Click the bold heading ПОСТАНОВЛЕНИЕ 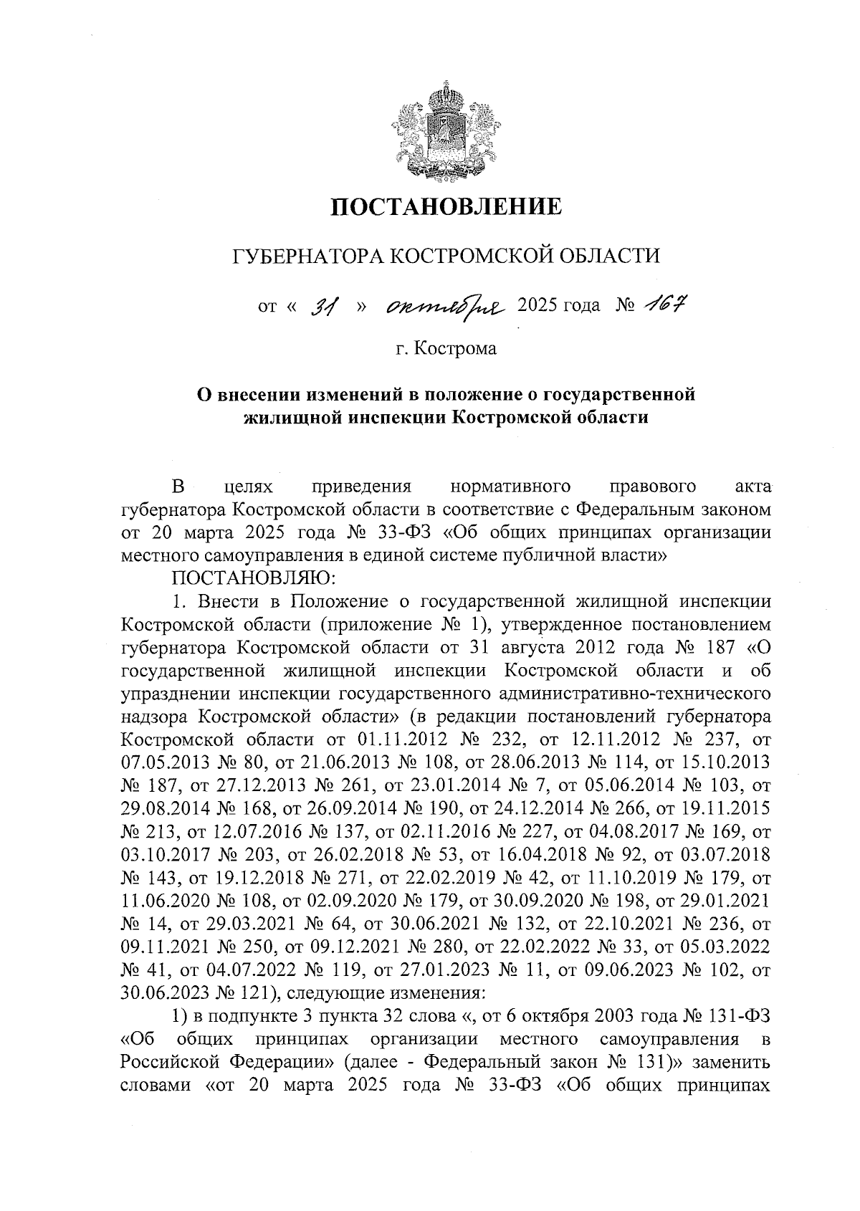pyautogui.click(x=445, y=208)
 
